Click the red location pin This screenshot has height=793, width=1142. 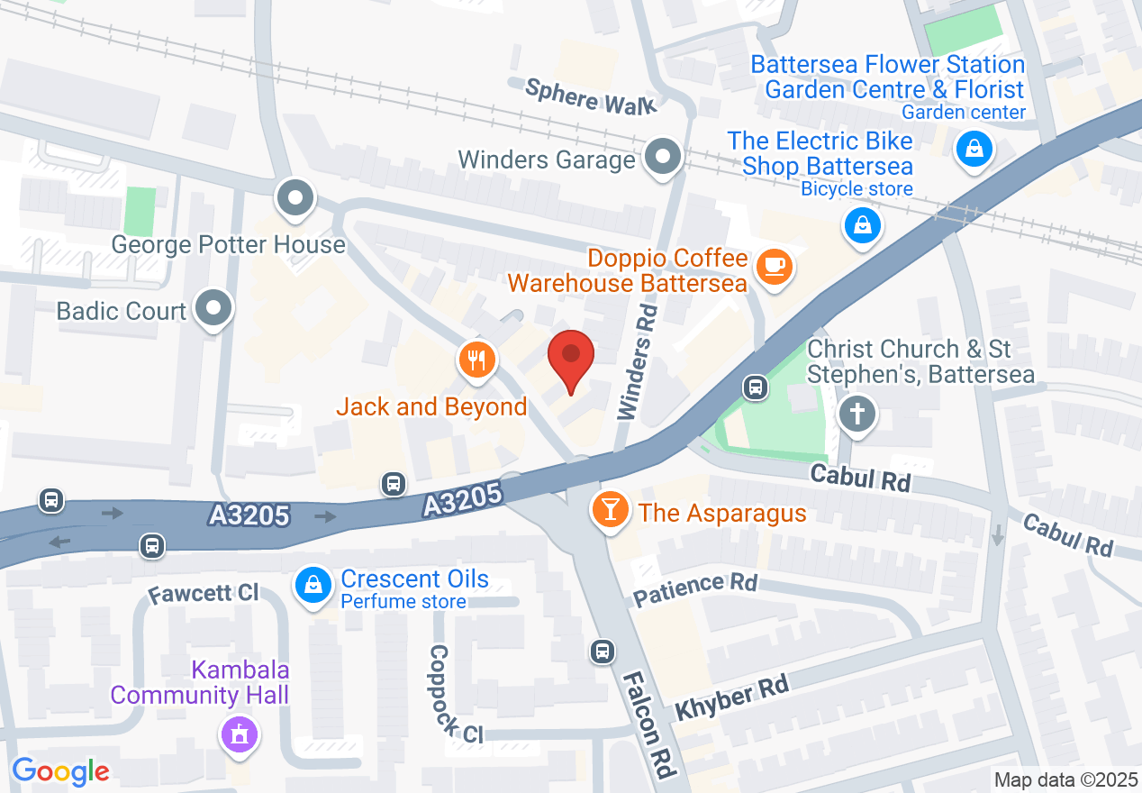571,359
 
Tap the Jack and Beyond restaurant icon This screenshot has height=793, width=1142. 476,360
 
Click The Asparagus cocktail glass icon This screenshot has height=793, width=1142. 609,511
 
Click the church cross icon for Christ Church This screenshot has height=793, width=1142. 856,415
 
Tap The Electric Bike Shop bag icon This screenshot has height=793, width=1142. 863,224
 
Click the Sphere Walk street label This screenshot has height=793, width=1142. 591,96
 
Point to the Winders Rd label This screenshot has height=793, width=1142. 638,360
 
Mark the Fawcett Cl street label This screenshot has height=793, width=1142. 204,593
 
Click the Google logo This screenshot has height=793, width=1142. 60,771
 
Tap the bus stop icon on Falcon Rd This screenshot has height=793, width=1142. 602,651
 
